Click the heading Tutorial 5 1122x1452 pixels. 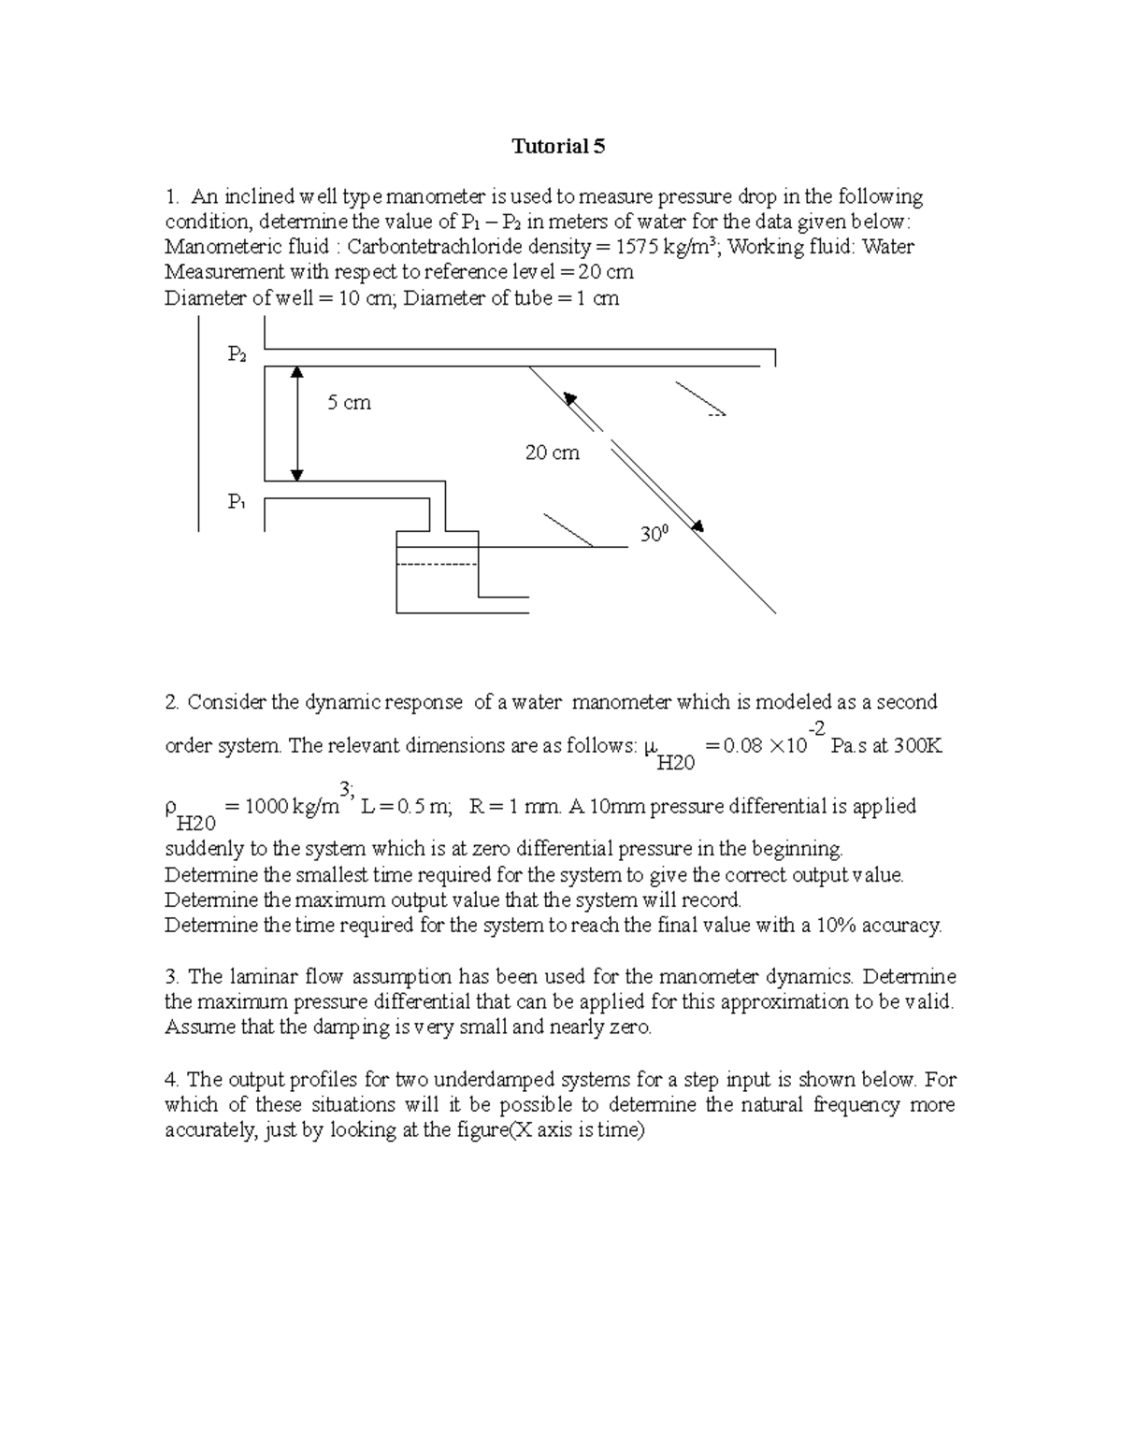558,146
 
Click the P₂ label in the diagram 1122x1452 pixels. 237,353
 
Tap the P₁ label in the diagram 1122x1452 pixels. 237,502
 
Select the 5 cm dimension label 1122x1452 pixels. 349,403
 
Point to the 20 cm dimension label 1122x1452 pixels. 552,453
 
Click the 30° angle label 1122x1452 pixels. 654,534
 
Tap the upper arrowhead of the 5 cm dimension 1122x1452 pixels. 297,372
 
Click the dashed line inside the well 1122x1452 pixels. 438,564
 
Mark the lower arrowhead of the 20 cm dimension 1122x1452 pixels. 696,527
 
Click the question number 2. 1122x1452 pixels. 170,702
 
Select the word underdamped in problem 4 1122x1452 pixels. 446,1080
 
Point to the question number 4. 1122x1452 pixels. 170,1080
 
